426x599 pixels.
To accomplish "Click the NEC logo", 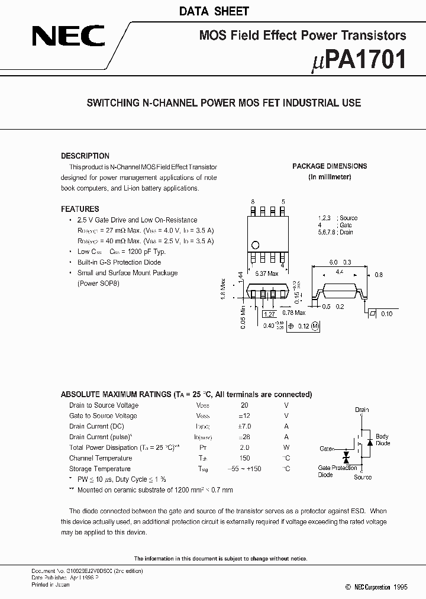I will (x=69, y=37).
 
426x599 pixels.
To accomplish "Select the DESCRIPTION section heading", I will (x=85, y=156).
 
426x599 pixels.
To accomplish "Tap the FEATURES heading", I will (x=80, y=209).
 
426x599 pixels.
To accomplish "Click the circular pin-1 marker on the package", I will (x=256, y=244).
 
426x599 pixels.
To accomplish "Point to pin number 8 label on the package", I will (x=253, y=202).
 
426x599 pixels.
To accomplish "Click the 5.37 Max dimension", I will (x=266, y=274).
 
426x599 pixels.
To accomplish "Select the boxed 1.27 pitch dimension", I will (x=269, y=314).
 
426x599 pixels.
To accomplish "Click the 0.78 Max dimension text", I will (x=293, y=313).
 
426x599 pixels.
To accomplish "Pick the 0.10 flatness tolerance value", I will (x=386, y=314).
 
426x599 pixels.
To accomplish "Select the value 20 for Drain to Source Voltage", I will (x=244, y=405).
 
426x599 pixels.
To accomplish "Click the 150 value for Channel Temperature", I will (x=244, y=458).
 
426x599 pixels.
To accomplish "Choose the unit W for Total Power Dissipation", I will (x=286, y=447).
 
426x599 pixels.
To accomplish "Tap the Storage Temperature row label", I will (x=100, y=469).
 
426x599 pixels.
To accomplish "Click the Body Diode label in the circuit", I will (x=382, y=440).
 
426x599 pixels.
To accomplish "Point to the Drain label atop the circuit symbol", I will (x=362, y=410).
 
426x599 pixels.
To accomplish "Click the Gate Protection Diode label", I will (x=337, y=471).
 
